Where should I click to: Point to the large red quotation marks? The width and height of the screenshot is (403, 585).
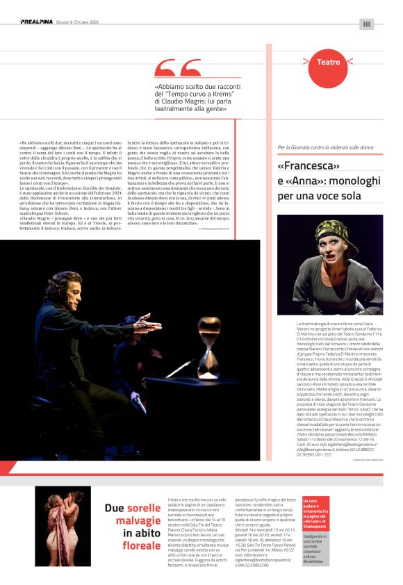click(x=177, y=69)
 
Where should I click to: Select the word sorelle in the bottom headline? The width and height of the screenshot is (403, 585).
click(x=144, y=508)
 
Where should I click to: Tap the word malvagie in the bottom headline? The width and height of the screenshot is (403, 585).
click(x=136, y=520)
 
